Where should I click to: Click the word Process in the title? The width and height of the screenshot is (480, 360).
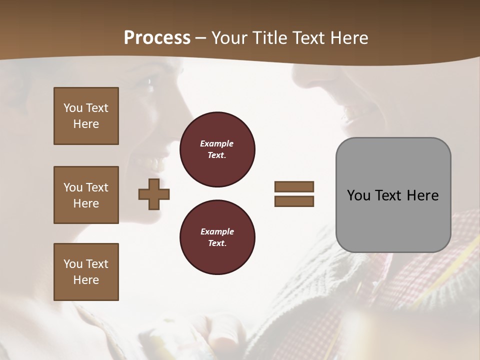157,38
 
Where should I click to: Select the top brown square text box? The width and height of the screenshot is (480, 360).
86,116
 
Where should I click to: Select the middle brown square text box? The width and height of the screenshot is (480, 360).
86,195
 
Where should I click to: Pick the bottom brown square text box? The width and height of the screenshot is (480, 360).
86,272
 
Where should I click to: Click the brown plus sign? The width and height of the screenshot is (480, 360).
154,194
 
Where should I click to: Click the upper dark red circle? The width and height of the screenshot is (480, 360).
217,149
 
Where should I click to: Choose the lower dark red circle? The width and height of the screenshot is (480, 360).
217,237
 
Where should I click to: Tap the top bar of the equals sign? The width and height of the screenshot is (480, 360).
294,187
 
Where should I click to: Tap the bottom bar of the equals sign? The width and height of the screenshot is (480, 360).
294,201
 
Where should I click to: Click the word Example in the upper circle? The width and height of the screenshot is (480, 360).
217,143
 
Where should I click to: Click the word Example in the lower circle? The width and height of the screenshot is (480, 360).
217,231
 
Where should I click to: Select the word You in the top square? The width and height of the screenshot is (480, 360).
73,108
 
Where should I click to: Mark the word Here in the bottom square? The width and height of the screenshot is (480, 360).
86,280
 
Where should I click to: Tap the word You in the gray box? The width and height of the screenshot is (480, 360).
358,195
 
